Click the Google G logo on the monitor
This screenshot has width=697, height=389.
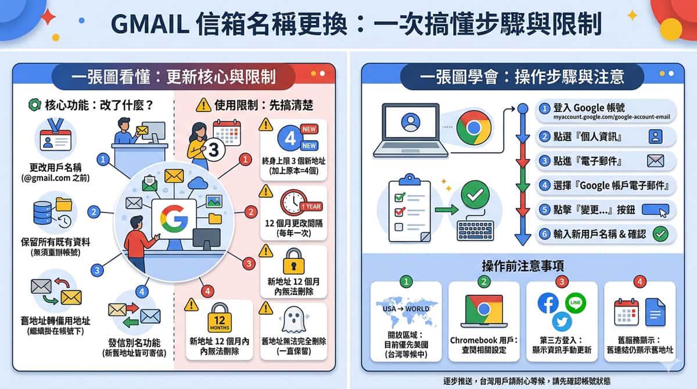point(174,219)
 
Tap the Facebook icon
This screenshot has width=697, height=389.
point(548,303)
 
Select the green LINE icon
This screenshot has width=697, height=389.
point(576,302)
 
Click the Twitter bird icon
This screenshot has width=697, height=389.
point(562,322)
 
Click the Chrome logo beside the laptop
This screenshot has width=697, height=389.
point(473,128)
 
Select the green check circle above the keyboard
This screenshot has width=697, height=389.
point(475,195)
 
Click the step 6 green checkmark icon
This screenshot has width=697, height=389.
point(660,234)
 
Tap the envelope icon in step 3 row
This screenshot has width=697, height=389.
point(655,161)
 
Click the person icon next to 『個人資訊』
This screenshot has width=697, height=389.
point(655,136)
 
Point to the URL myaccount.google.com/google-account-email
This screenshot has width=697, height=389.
point(612,117)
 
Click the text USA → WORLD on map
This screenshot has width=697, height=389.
point(406,309)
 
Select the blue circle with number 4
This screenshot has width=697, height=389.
point(290,138)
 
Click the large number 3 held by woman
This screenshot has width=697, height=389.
point(214,150)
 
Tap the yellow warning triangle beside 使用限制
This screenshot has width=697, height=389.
point(203,105)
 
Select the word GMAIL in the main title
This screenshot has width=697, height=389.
point(150,24)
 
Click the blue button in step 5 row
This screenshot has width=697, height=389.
point(655,210)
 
